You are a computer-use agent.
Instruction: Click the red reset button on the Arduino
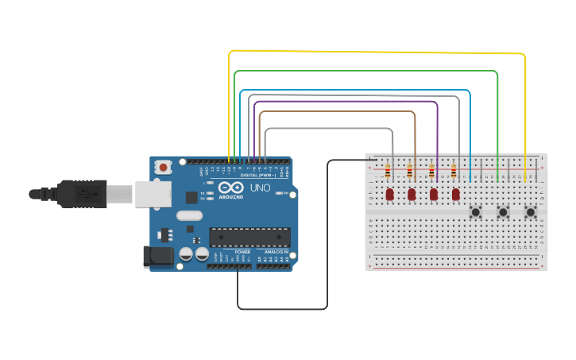click(164, 167)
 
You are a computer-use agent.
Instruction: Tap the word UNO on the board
click(261, 188)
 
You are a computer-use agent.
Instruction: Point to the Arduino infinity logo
click(231, 188)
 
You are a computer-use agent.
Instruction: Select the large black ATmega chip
click(249, 236)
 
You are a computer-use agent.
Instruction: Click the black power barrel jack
click(157, 256)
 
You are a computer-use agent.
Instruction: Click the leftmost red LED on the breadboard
click(389, 194)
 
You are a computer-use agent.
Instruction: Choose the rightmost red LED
click(455, 194)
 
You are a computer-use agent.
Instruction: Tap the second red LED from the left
click(412, 194)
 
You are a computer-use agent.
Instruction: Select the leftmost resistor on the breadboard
click(388, 171)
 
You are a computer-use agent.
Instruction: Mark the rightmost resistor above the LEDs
click(454, 171)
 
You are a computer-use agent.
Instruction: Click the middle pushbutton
click(503, 212)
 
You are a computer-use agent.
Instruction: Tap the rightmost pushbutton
click(530, 212)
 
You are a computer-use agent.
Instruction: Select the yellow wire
click(373, 53)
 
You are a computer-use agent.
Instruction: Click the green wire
click(365, 71)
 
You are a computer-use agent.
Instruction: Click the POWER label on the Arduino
click(242, 251)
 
